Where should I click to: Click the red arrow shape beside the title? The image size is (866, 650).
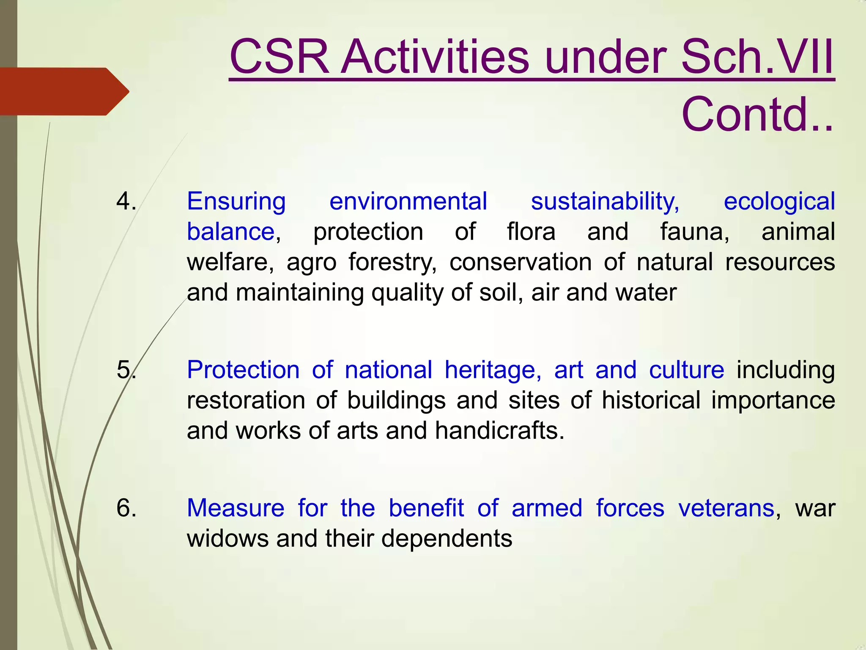coord(63,91)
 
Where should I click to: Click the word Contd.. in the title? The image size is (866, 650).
coord(757,115)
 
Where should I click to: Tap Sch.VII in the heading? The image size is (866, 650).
coord(757,57)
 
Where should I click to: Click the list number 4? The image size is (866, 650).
coord(126,201)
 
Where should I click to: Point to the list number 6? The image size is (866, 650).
coord(126,508)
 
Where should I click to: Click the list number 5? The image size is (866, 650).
coord(126,370)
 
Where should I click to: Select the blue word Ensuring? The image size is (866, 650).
coord(236,201)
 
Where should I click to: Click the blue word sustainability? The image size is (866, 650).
coord(605,201)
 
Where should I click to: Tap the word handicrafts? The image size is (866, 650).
coord(499,431)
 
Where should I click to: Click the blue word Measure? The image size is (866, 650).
coord(236,508)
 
